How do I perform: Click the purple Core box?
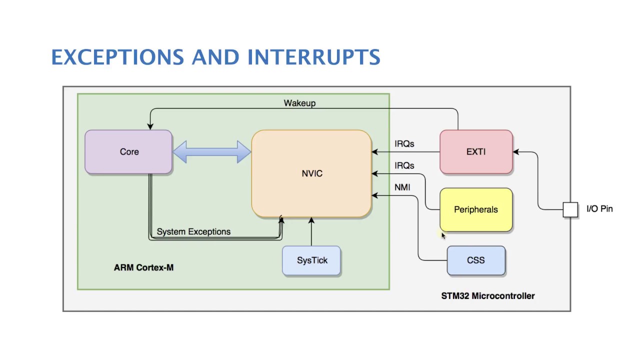(128, 152)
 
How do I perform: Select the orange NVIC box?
(311, 173)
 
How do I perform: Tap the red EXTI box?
(476, 152)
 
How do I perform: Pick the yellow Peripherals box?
(476, 210)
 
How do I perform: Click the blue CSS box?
(476, 260)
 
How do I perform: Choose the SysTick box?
(311, 260)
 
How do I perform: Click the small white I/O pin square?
(570, 210)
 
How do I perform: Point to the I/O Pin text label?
(599, 209)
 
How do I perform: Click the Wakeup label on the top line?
(299, 103)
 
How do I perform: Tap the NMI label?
(402, 187)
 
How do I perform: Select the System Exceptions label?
(193, 232)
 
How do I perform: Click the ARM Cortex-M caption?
(143, 267)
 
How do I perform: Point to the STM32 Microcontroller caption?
(487, 296)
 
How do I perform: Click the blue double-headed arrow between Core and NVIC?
(211, 152)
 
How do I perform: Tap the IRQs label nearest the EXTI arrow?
(404, 144)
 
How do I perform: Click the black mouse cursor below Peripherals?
(443, 236)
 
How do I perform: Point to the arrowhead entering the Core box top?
(149, 127)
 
